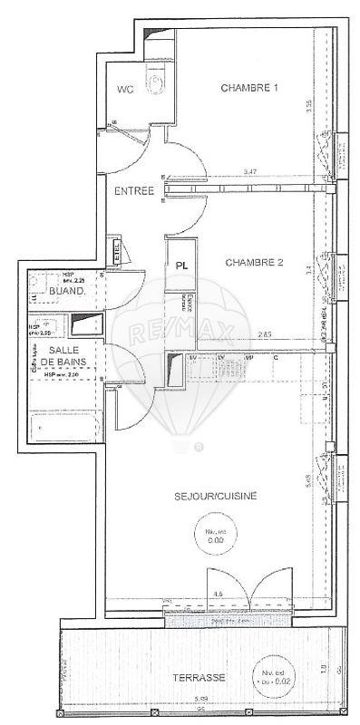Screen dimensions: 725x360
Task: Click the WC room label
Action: pyautogui.click(x=125, y=89)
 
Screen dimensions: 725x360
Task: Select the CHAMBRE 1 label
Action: pyautogui.click(x=249, y=88)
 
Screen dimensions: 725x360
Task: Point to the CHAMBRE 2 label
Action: pyautogui.click(x=255, y=263)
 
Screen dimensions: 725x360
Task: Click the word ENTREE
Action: pyautogui.click(x=132, y=192)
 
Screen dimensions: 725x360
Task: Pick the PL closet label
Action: pyautogui.click(x=181, y=266)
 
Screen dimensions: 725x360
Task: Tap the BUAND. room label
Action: pyautogui.click(x=67, y=292)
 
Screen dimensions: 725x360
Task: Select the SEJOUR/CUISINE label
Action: pyautogui.click(x=216, y=496)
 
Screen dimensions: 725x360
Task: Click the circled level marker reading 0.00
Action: pyautogui.click(x=215, y=536)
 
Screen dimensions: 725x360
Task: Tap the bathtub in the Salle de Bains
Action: pyautogui.click(x=63, y=425)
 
